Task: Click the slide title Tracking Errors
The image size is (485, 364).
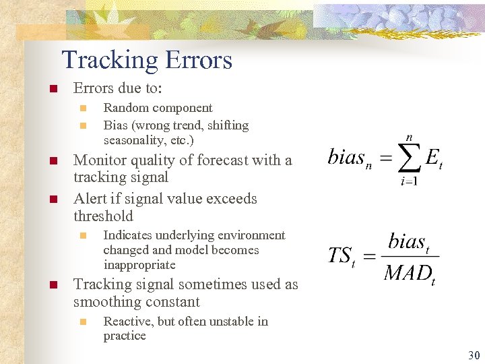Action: point(147,60)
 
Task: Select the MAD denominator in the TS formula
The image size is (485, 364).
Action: point(408,274)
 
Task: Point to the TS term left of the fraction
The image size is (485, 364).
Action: point(340,257)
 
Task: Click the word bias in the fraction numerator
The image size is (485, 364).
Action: point(406,242)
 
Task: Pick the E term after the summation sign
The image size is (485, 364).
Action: point(434,158)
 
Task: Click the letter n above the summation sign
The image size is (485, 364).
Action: point(409,137)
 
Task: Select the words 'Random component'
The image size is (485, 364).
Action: point(158,108)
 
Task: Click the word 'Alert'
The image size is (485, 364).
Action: point(90,199)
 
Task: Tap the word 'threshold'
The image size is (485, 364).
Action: point(103,216)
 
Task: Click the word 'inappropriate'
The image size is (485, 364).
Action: point(139,265)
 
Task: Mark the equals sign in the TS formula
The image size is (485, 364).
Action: point(368,257)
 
